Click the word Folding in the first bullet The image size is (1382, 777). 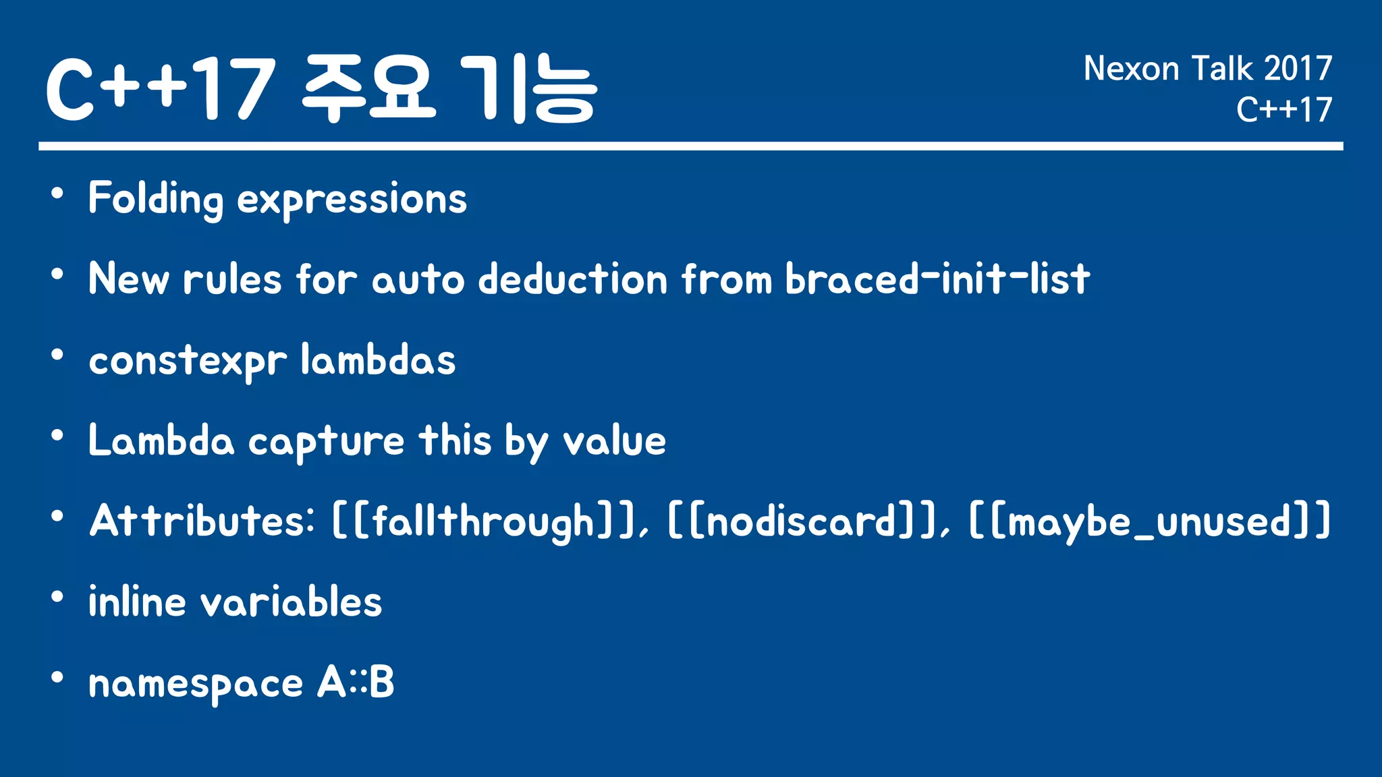(x=155, y=199)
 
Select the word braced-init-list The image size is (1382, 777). (x=937, y=279)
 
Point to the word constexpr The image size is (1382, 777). (x=188, y=362)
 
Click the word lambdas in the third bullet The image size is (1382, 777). (x=378, y=360)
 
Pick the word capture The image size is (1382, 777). (x=327, y=442)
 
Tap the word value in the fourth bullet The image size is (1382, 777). (x=615, y=441)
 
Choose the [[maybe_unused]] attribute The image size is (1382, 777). (x=1150, y=521)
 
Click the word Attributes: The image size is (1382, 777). (x=202, y=521)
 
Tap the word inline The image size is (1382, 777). (x=137, y=602)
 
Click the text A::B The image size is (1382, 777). (x=356, y=683)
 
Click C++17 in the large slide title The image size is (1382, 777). (x=161, y=89)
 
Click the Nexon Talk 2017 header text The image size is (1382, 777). (x=1207, y=69)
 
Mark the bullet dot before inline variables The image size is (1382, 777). (x=57, y=597)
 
